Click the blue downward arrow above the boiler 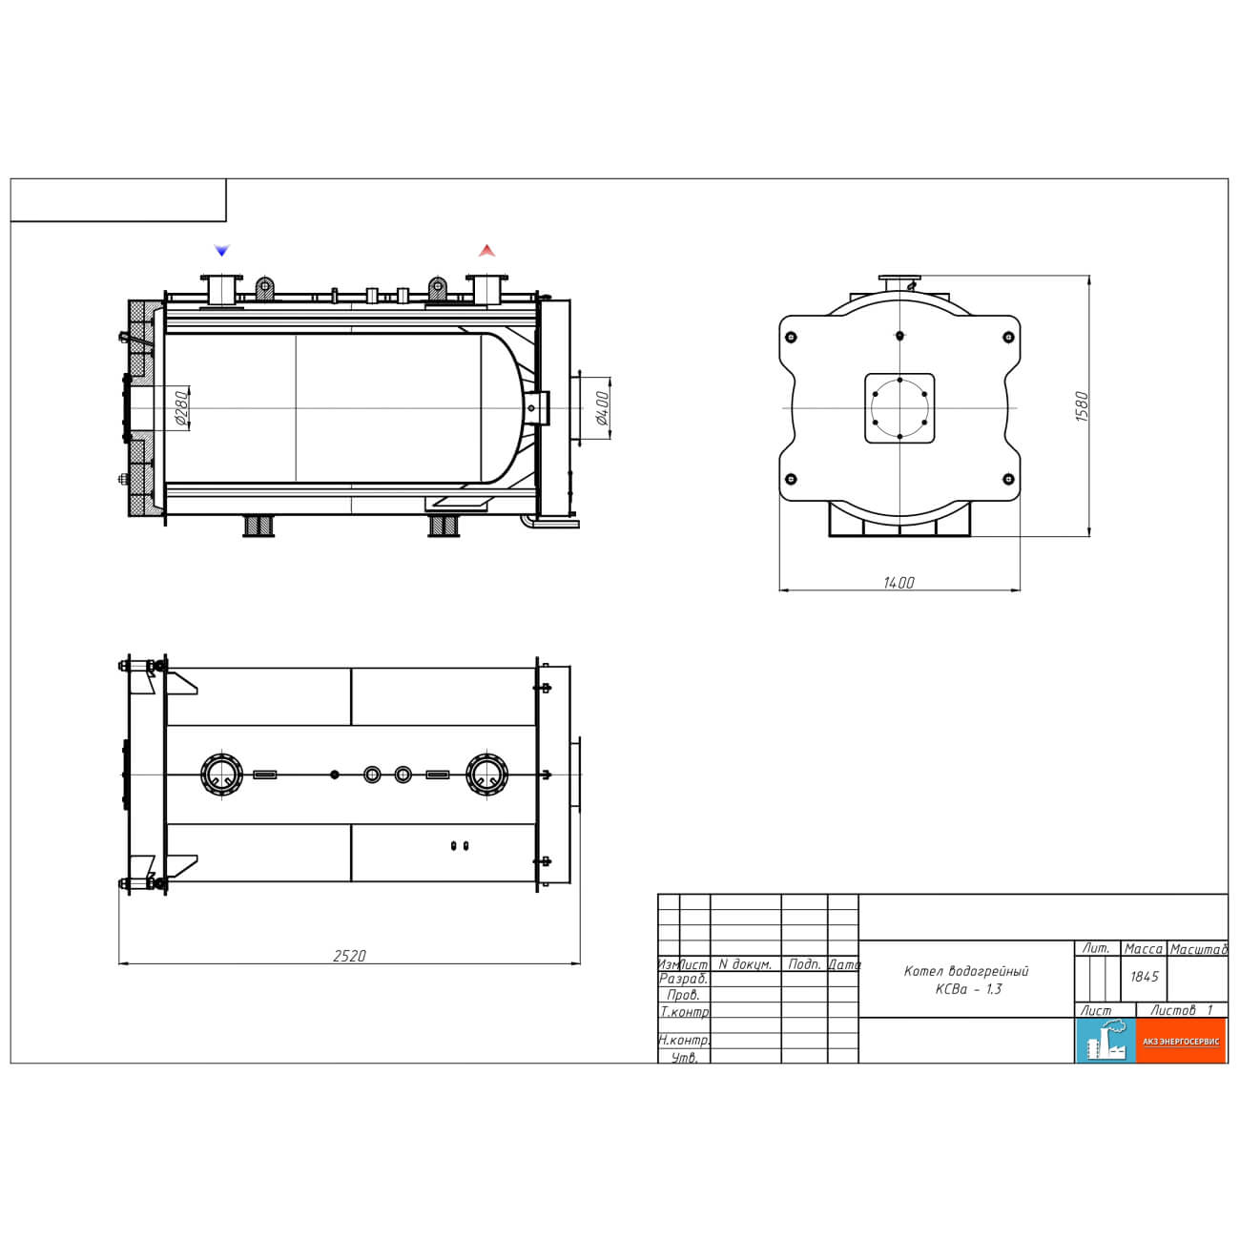click(x=221, y=250)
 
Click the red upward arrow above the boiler click(x=486, y=250)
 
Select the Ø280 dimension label click(x=181, y=407)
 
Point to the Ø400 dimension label click(x=602, y=407)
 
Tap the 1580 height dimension click(x=1082, y=406)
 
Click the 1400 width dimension click(x=899, y=583)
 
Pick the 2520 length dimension click(x=349, y=956)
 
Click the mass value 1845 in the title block click(x=1144, y=976)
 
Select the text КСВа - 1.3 click(x=968, y=989)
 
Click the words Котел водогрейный click(x=966, y=970)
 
